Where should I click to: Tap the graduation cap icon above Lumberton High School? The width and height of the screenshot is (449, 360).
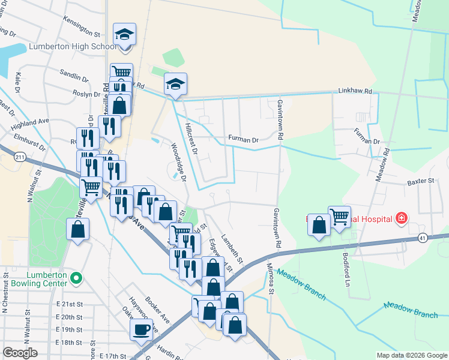[x=125, y=34]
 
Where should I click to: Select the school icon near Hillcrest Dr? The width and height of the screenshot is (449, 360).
[x=175, y=84]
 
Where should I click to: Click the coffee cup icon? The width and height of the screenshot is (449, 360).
[x=141, y=329]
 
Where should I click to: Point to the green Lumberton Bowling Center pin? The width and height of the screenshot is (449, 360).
[x=76, y=278]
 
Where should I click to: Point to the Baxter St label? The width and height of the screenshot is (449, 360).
[x=420, y=181]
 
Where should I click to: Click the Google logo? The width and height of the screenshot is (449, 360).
[x=20, y=353]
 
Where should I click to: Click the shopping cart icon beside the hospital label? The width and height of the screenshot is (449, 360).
[x=339, y=216]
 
